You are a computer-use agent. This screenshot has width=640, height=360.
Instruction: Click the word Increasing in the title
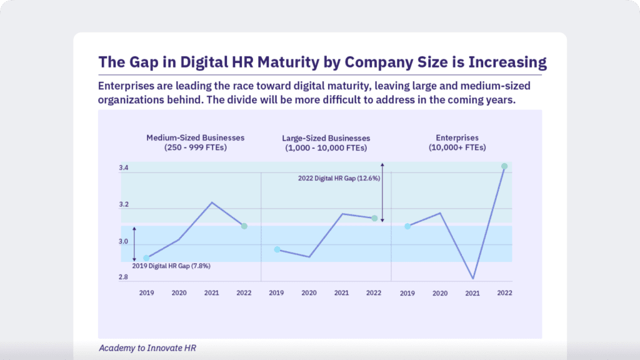pyautogui.click(x=504, y=62)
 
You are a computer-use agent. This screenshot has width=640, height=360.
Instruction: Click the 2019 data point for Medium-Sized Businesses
pyautogui.click(x=146, y=258)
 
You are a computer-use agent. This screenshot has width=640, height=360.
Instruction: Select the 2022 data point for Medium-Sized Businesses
pyautogui.click(x=244, y=226)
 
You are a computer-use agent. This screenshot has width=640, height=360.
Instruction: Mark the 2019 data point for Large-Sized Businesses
pyautogui.click(x=277, y=249)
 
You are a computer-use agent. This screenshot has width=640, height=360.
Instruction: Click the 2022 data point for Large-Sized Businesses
pyautogui.click(x=374, y=218)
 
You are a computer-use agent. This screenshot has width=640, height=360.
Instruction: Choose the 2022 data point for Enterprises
pyautogui.click(x=504, y=166)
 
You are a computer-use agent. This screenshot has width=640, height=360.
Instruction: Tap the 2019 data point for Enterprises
pyautogui.click(x=407, y=226)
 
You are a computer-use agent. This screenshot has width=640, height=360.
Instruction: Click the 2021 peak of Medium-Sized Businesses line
pyautogui.click(x=211, y=202)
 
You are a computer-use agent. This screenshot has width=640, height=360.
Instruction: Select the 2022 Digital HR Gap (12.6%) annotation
pyautogui.click(x=339, y=178)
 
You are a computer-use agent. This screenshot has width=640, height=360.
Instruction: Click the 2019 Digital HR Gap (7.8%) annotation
pyautogui.click(x=171, y=266)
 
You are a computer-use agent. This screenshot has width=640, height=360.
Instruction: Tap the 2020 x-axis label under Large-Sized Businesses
pyautogui.click(x=309, y=292)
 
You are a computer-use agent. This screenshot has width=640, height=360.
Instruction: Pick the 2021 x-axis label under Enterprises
pyautogui.click(x=472, y=292)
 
